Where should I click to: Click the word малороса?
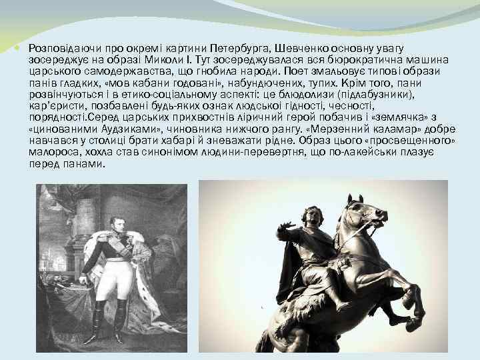tap(52, 152)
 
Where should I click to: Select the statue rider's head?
tap(311, 216)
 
